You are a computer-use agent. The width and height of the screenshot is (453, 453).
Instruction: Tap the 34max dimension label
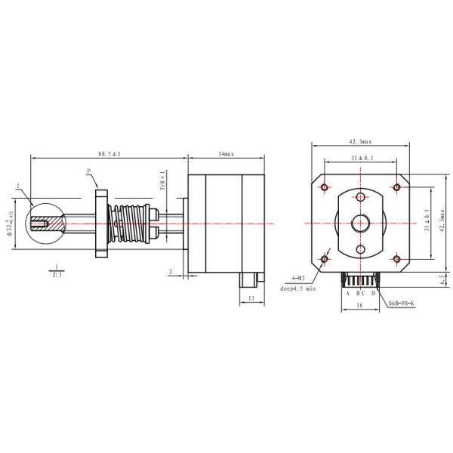tap(226, 153)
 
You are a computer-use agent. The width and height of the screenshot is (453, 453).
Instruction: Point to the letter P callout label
tap(88, 171)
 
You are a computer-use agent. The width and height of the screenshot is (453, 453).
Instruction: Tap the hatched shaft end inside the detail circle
tap(47, 223)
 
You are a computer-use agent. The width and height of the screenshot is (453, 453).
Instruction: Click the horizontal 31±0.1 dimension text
tap(361, 158)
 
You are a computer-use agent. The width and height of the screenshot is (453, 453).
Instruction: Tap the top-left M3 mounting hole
tap(324, 186)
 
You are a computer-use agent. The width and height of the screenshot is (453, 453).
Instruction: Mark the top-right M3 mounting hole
tap(397, 186)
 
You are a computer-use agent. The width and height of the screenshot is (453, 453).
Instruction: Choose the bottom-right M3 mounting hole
tap(397, 259)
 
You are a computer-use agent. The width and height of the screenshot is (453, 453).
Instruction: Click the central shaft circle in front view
tap(361, 223)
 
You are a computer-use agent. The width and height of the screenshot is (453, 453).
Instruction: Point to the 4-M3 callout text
tap(289, 279)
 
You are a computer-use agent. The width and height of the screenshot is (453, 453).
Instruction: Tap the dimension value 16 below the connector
tap(360, 306)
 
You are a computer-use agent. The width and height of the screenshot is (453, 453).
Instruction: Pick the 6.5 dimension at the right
tap(442, 279)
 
